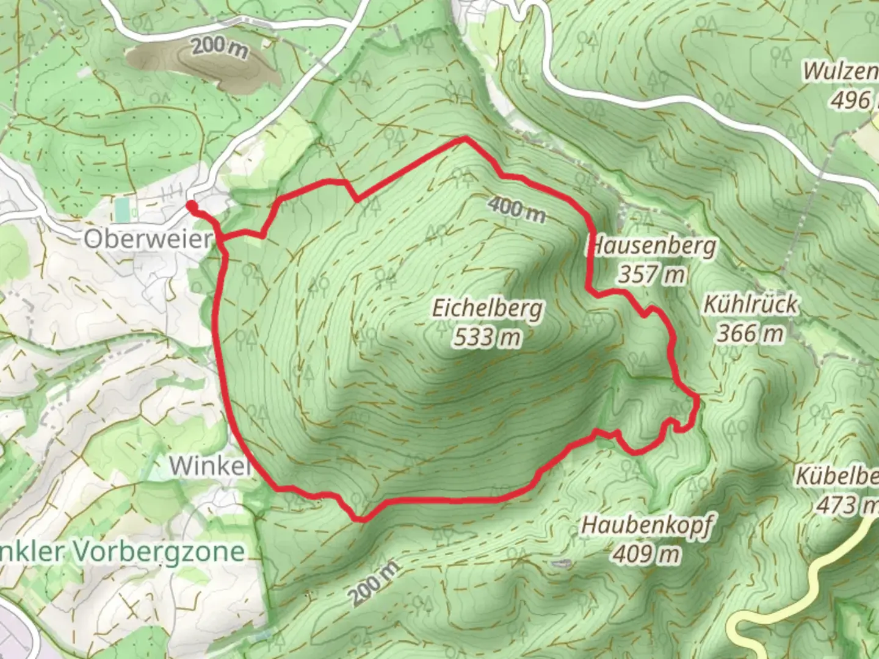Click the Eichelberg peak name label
(487, 308)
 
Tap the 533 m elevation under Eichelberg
(487, 336)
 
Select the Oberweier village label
(147, 239)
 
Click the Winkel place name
(210, 466)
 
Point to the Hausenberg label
(652, 247)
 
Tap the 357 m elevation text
(652, 275)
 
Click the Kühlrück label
(750, 304)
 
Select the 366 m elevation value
(750, 333)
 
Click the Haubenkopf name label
(646, 525)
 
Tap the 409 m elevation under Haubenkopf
(646, 554)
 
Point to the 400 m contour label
(516, 209)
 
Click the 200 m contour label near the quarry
(219, 47)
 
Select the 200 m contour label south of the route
(375, 583)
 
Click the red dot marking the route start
(191, 206)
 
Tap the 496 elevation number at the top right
(850, 100)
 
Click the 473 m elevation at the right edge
(847, 505)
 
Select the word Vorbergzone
(158, 552)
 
